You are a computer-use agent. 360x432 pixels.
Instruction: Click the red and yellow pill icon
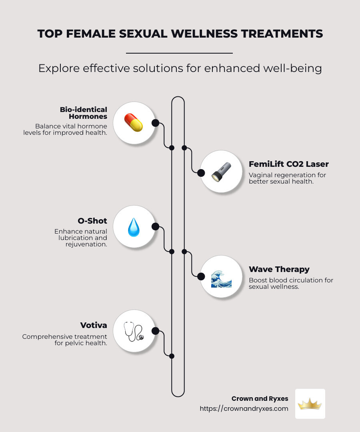pyautogui.click(x=134, y=123)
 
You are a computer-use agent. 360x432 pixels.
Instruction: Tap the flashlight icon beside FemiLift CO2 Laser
pyautogui.click(x=221, y=172)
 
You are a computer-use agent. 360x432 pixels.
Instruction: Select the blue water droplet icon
pyautogui.click(x=134, y=227)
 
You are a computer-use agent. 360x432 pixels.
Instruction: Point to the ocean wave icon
pyautogui.click(x=221, y=279)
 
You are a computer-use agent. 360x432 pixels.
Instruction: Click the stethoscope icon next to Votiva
pyautogui.click(x=134, y=332)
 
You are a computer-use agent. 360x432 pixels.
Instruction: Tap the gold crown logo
pyautogui.click(x=310, y=404)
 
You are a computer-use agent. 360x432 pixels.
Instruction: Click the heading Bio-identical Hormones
pyautogui.click(x=84, y=113)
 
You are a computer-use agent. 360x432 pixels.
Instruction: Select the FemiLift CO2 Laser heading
pyautogui.click(x=289, y=164)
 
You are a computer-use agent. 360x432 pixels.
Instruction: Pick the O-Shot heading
pyautogui.click(x=92, y=221)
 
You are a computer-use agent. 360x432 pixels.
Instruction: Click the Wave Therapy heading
pyautogui.click(x=279, y=270)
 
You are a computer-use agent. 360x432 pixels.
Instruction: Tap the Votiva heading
pyautogui.click(x=94, y=325)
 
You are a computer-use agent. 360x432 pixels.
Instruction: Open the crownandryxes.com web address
pyautogui.click(x=244, y=408)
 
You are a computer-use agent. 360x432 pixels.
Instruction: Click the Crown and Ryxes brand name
pyautogui.click(x=260, y=399)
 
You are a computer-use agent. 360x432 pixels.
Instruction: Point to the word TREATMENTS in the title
pyautogui.click(x=282, y=34)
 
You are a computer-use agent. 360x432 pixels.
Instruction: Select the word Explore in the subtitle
pyautogui.click(x=59, y=68)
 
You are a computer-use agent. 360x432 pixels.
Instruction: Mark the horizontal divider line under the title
pyautogui.click(x=179, y=53)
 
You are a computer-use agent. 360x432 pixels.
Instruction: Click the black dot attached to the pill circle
pyautogui.click(x=155, y=123)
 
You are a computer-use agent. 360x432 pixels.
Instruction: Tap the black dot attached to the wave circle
pyautogui.click(x=201, y=276)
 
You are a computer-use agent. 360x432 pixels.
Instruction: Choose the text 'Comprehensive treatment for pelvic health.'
pyautogui.click(x=65, y=340)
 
